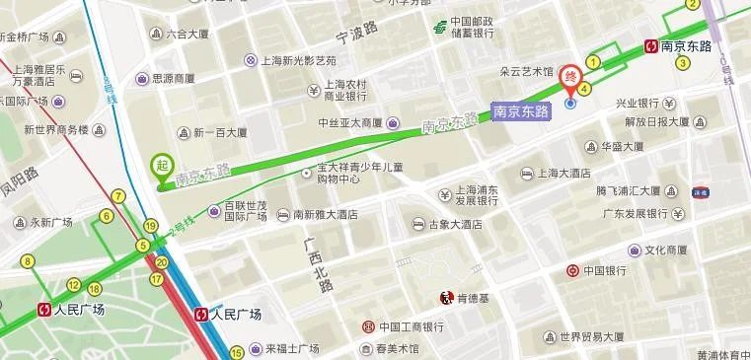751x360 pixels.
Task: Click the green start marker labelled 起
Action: pos(161,166)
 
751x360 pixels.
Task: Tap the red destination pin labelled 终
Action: pos(570,77)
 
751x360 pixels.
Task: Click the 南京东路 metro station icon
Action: pos(651,45)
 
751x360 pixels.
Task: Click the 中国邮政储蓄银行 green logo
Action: pos(439,27)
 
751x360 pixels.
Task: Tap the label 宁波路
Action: pos(357,34)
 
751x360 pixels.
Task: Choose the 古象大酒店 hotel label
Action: pos(455,224)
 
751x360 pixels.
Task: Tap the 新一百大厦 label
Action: pos(220,133)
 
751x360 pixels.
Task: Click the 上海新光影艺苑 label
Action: pos(298,60)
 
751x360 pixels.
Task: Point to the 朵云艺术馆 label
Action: pos(526,71)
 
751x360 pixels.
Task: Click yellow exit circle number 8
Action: pos(28,261)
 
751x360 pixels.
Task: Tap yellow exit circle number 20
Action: pos(161,262)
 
